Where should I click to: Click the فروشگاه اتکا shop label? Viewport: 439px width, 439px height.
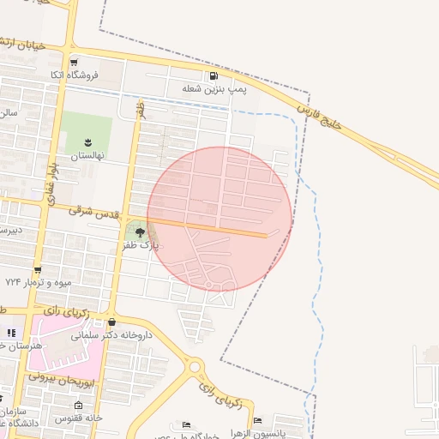pyautogui.click(x=76, y=75)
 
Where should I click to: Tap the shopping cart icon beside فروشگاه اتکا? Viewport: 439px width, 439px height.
pyautogui.click(x=75, y=63)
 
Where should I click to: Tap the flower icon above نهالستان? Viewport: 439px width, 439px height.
pyautogui.click(x=87, y=141)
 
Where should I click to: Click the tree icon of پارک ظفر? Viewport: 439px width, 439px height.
pyautogui.click(x=139, y=232)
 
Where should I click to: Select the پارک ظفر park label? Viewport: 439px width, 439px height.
pyautogui.click(x=140, y=245)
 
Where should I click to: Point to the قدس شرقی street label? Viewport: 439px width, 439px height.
pyautogui.click(x=92, y=208)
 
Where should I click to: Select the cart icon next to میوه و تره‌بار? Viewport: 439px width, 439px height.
pyautogui.click(x=38, y=269)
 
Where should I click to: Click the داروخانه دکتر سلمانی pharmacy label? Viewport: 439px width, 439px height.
pyautogui.click(x=114, y=335)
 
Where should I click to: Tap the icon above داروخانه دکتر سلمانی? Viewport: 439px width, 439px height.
pyautogui.click(x=113, y=322)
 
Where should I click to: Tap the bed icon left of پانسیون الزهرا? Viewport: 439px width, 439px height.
pyautogui.click(x=257, y=420)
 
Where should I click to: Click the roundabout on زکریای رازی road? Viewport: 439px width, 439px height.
pyautogui.click(x=195, y=367)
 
